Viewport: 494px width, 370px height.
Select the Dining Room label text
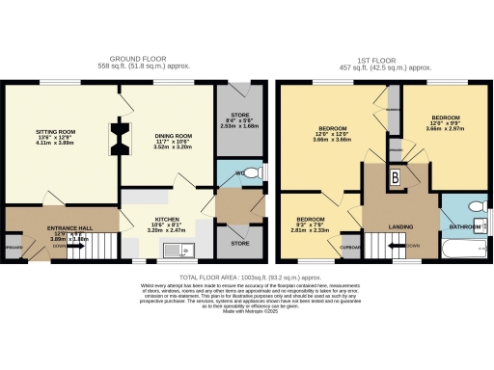166,143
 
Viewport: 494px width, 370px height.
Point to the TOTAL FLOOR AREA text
246,277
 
